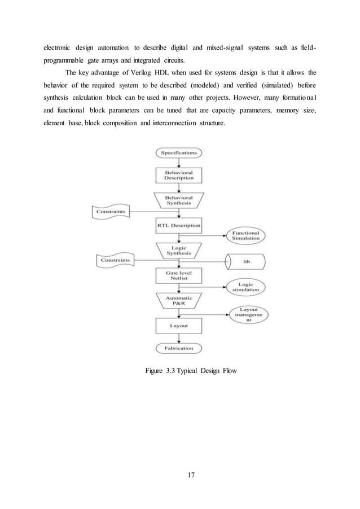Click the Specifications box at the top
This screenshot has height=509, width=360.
pyautogui.click(x=179, y=152)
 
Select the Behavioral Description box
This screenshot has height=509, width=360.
pyautogui.click(x=179, y=175)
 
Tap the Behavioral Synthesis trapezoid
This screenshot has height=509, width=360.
pyautogui.click(x=179, y=200)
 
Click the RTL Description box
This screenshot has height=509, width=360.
pyautogui.click(x=179, y=225)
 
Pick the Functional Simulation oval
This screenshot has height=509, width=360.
pyautogui.click(x=247, y=235)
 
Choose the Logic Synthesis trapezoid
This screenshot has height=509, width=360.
pyautogui.click(x=179, y=250)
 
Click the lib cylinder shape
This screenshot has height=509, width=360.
pyautogui.click(x=246, y=262)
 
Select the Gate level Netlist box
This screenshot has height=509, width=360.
pyautogui.click(x=179, y=275)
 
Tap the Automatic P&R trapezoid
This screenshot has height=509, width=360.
pyautogui.click(x=179, y=300)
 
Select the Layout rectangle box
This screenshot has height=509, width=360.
pyautogui.click(x=179, y=326)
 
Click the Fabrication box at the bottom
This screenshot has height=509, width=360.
pyautogui.click(x=179, y=348)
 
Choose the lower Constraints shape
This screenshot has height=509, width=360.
pyautogui.click(x=115, y=260)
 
